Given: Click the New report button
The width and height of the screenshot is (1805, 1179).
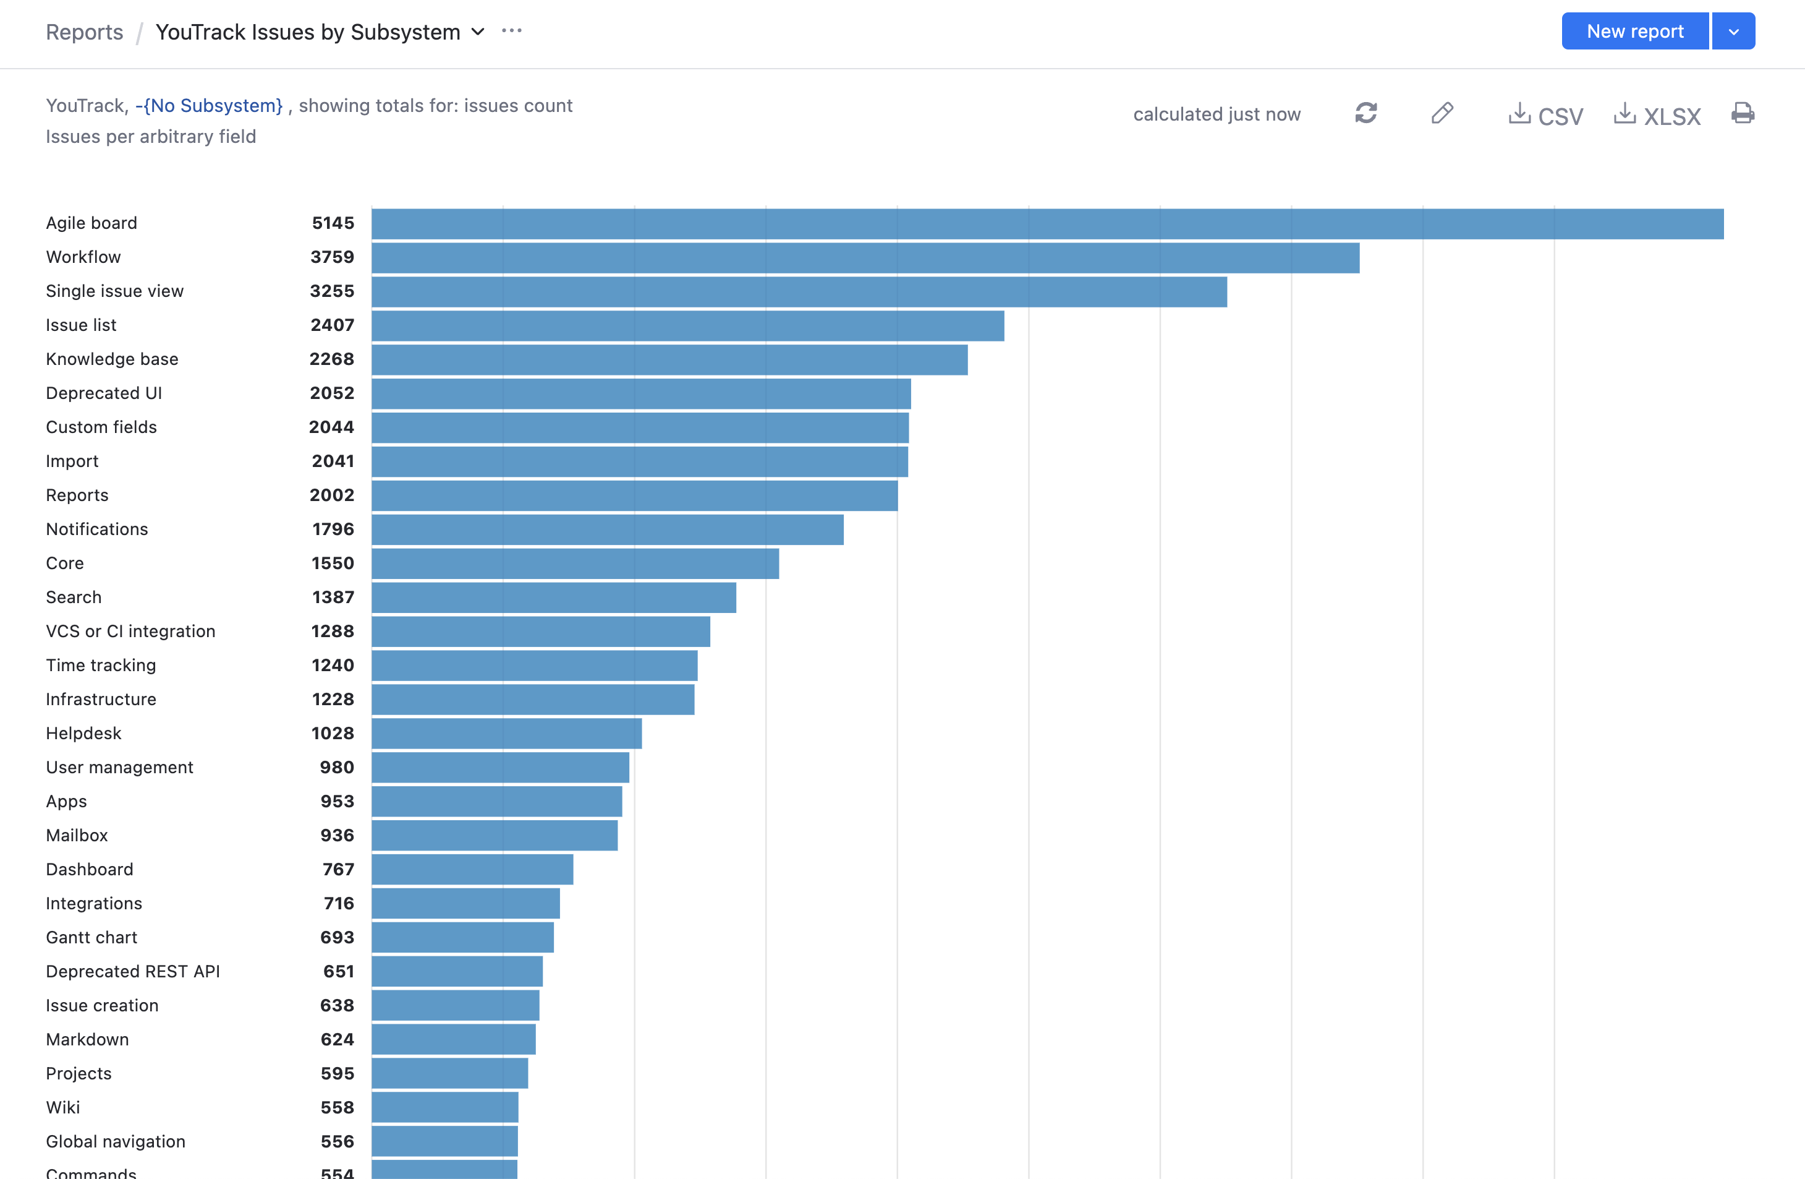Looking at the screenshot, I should (x=1634, y=31).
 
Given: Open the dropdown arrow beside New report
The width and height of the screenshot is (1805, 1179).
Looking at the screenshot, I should (x=1734, y=31).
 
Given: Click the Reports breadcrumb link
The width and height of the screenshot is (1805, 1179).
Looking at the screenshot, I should (x=84, y=32).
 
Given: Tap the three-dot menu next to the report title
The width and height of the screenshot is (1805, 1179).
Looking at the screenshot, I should (x=512, y=31).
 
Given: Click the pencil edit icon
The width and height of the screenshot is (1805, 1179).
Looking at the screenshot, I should (x=1442, y=114).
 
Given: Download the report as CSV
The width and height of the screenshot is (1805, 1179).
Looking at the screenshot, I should (x=1545, y=115).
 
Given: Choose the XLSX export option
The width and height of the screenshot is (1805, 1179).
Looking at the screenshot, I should (x=1657, y=115).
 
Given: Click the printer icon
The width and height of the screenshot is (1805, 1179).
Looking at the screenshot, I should (x=1743, y=114).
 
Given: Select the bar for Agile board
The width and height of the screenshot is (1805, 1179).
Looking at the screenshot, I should (x=1047, y=224).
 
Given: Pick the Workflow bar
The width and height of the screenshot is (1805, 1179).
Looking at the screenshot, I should (x=865, y=258).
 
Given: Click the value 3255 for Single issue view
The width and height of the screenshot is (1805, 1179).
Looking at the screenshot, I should (x=331, y=291).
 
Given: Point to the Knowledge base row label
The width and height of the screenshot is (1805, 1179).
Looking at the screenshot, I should (x=113, y=359).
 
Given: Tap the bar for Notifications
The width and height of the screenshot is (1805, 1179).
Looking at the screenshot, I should (x=607, y=529).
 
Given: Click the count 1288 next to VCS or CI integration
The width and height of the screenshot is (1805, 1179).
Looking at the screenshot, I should (x=332, y=631).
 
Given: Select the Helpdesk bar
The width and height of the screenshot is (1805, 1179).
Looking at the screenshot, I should (x=507, y=734).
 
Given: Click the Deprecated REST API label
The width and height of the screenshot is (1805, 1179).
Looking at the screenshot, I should (x=133, y=971).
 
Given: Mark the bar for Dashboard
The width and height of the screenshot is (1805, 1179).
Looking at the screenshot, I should (x=472, y=870).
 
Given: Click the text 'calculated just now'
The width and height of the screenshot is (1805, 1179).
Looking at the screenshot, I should (x=1217, y=114).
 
